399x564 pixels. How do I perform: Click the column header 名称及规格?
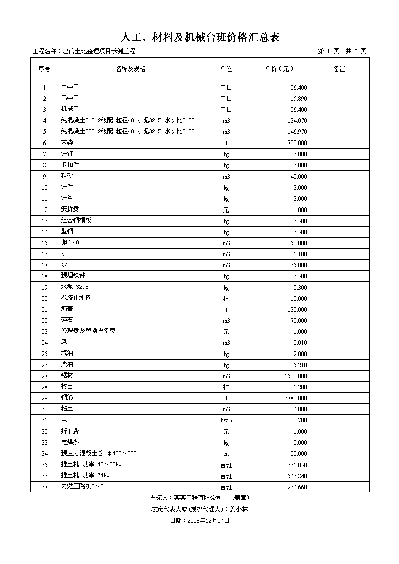click(130, 69)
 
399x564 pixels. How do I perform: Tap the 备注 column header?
click(339, 69)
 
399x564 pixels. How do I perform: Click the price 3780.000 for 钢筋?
click(295, 398)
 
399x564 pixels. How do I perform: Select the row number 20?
click(44, 299)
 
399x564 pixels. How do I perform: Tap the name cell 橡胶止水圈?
click(76, 298)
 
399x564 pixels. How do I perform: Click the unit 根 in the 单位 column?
click(226, 299)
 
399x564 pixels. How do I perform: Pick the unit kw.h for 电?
click(226, 420)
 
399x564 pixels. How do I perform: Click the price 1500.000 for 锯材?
click(295, 376)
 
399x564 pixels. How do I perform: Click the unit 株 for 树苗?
click(226, 387)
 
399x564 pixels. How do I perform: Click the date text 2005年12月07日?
click(208, 521)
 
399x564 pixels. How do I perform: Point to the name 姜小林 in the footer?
click(238, 509)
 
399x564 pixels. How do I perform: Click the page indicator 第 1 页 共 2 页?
click(342, 51)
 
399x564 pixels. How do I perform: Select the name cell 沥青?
click(67, 309)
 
